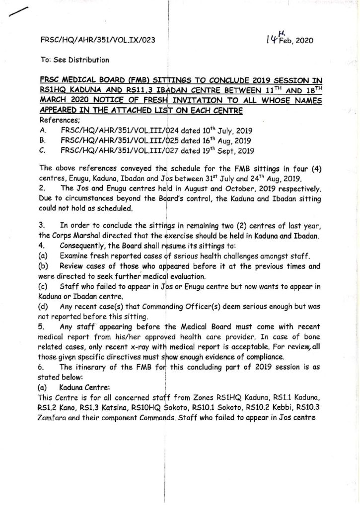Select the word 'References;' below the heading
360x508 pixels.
(57, 120)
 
